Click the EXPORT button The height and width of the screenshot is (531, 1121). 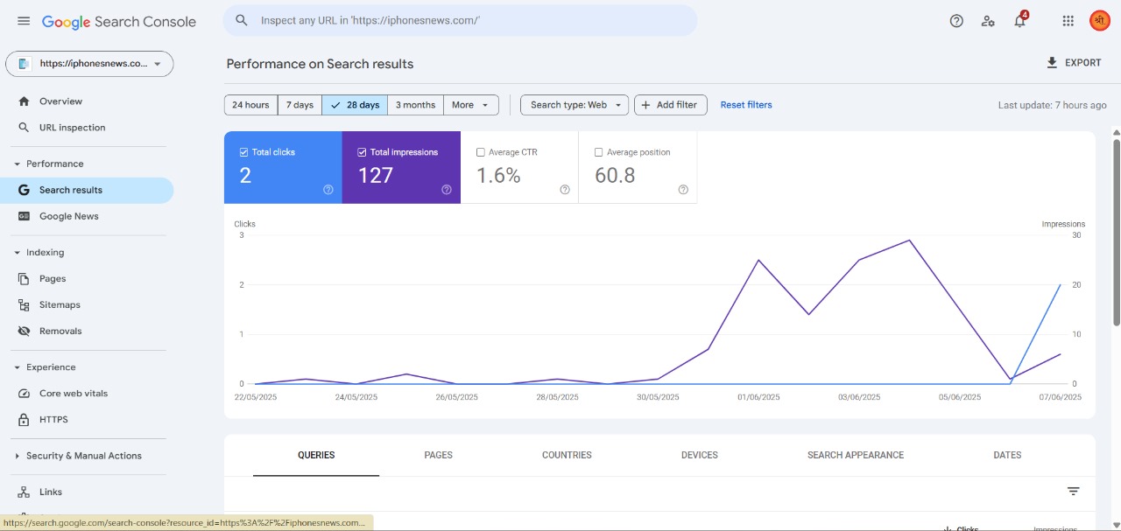coord(1074,63)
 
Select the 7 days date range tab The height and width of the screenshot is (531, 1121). coord(300,105)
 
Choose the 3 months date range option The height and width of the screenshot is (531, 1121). coord(415,105)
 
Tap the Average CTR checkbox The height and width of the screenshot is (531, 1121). coord(481,152)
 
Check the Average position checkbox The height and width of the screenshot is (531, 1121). coord(598,152)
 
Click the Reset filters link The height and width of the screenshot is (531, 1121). coord(745,105)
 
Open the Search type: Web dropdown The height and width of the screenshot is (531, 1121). coord(574,105)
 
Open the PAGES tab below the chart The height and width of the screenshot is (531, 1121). coord(438,455)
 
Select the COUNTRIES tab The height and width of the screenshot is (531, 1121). coord(567,455)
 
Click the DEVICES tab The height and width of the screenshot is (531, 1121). coord(699,455)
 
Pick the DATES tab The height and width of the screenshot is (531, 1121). coord(1007,455)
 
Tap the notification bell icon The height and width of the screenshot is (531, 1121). coord(1019,21)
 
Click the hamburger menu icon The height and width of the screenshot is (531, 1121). coord(24,21)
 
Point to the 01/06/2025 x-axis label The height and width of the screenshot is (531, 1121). coord(758,397)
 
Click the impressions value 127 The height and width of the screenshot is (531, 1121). coord(376,176)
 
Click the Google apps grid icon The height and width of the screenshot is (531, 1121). coord(1068,21)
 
